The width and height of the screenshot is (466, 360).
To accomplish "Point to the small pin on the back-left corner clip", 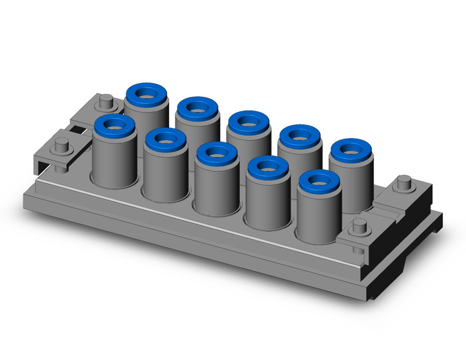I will [106, 99].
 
